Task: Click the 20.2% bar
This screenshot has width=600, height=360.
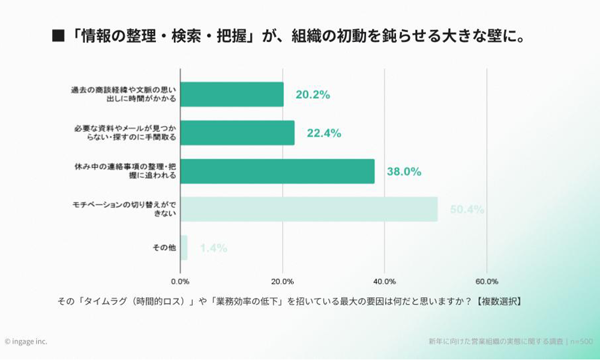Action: pos(232,94)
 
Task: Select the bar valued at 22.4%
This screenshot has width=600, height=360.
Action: pos(237,133)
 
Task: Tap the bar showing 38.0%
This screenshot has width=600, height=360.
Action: pos(277,171)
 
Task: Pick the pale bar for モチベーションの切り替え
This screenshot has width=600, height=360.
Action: pos(309,209)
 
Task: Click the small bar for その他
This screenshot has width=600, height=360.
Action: pos(184,247)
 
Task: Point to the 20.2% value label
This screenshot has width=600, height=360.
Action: pos(313,95)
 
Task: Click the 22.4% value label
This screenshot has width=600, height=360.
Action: pos(324,133)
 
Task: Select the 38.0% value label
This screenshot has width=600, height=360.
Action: pos(404,172)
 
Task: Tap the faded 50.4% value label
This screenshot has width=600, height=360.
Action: pos(467,209)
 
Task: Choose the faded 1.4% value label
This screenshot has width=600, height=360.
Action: pos(214,248)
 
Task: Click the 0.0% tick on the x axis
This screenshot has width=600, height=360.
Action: pos(180,281)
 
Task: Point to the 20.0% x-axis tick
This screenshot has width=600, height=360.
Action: pos(282,281)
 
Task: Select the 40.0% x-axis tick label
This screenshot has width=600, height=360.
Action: pos(384,281)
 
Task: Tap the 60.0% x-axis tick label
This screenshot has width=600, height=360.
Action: pos(487,281)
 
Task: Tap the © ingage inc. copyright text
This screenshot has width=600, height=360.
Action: pos(26,341)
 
